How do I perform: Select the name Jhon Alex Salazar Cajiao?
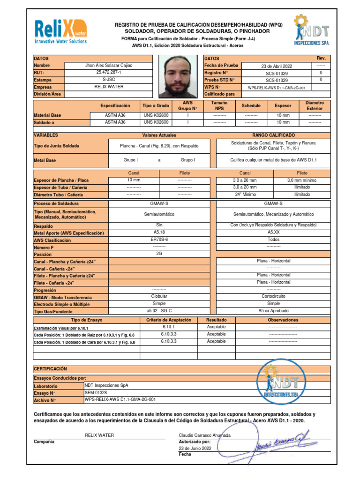click(109, 66)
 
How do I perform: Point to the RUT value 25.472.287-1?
click(109, 73)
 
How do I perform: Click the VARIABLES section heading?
click(45, 135)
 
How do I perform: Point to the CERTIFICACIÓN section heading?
click(51, 369)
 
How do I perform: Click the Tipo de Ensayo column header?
click(86, 320)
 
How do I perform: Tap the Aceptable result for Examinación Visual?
click(216, 327)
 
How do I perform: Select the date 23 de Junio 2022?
click(195, 448)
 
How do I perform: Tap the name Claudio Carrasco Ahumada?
click(205, 435)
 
